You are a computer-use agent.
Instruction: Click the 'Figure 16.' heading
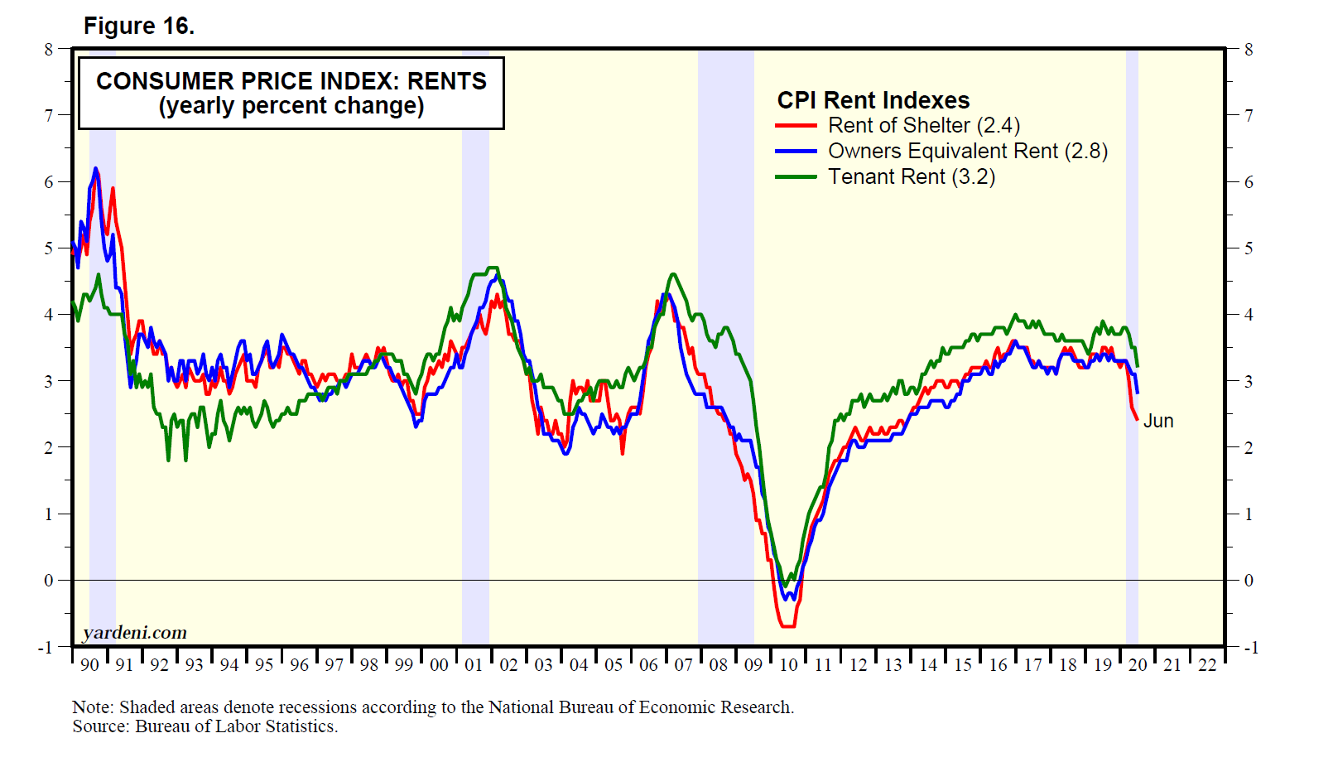[x=139, y=27]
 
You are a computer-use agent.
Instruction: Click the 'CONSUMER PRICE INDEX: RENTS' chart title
[x=291, y=81]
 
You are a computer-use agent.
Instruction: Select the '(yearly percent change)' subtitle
[x=291, y=107]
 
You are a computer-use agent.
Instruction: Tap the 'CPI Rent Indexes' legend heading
[x=873, y=100]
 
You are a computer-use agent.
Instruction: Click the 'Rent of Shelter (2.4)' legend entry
[x=923, y=126]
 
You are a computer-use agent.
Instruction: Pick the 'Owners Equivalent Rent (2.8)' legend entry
[x=967, y=152]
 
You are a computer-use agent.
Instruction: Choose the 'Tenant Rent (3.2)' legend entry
[x=911, y=177]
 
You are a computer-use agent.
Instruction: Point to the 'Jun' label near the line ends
[x=1158, y=421]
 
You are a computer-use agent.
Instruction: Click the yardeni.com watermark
[x=135, y=633]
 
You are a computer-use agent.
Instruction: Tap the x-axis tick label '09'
[x=753, y=665]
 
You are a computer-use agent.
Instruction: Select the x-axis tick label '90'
[x=89, y=665]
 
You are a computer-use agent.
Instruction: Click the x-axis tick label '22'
[x=1207, y=665]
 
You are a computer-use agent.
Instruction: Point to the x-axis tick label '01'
[x=473, y=665]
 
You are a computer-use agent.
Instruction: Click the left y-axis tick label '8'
[x=49, y=50]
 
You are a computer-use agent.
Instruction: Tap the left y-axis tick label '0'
[x=49, y=581]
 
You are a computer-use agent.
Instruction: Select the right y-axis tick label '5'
[x=1249, y=248]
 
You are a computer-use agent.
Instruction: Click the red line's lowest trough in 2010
[x=787, y=626]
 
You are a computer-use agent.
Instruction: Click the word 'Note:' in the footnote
[x=93, y=707]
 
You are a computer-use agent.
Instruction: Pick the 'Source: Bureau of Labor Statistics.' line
[x=205, y=727]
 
